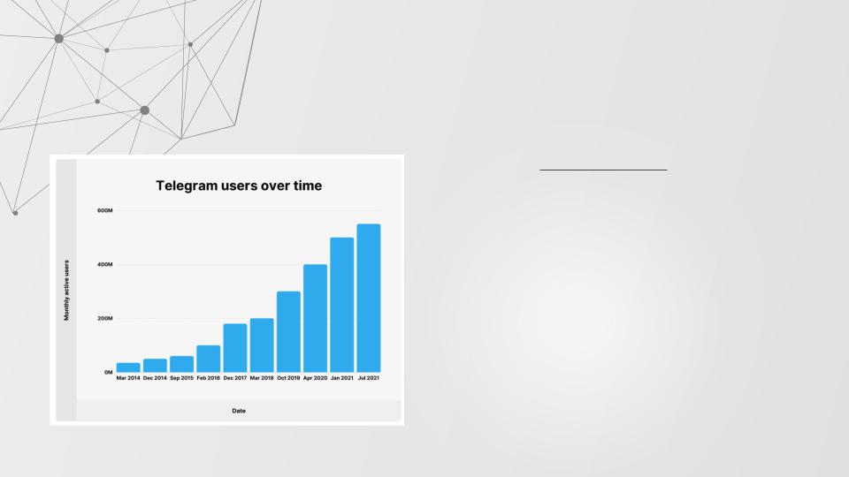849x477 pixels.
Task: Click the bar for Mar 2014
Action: (128, 367)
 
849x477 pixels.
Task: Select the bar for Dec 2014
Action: (155, 366)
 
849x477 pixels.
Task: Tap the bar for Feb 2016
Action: (209, 359)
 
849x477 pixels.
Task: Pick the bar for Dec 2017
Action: (235, 348)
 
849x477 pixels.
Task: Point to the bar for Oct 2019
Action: (288, 331)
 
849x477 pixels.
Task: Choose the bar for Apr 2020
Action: (315, 318)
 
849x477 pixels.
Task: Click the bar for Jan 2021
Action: (342, 305)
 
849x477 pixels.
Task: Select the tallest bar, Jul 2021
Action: (369, 298)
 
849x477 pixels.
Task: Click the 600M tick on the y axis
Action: (105, 210)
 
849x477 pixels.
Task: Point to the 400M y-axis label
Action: (105, 264)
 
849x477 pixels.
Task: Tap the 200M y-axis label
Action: (105, 319)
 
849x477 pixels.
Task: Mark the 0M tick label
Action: (108, 372)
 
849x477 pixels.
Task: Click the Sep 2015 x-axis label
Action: (181, 378)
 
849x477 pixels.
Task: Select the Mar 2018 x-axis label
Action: (262, 378)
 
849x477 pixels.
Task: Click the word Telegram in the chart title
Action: (184, 186)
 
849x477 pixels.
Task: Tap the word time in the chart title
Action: (308, 185)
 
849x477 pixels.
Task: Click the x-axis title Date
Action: (239, 411)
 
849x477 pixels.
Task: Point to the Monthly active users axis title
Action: (66, 291)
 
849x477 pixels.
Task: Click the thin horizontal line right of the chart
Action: (603, 170)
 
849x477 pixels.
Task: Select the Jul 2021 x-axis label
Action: (369, 378)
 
